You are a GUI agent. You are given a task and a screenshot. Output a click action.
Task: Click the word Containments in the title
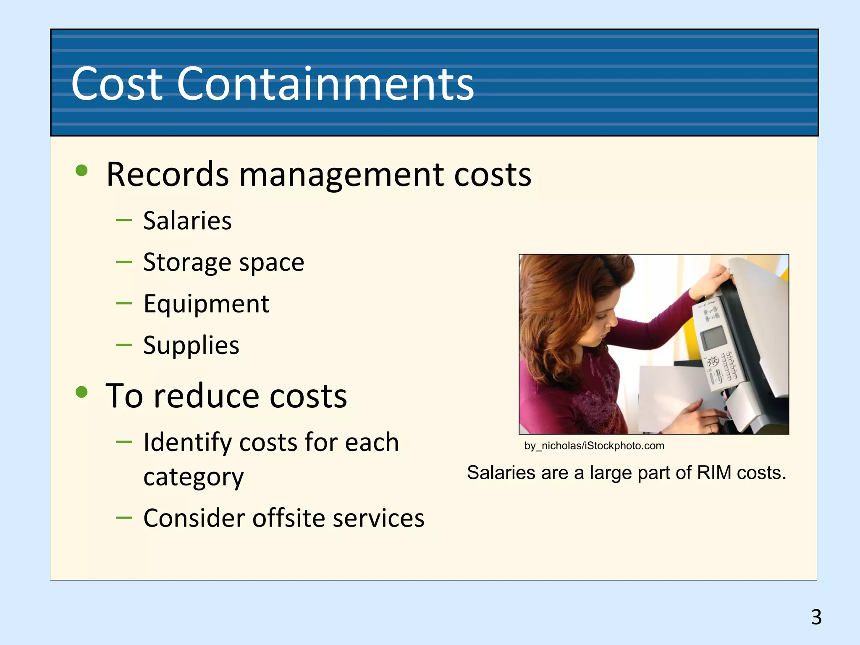[325, 84]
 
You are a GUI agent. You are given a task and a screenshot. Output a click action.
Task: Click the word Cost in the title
[117, 84]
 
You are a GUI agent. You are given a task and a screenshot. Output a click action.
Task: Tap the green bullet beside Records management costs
[81, 171]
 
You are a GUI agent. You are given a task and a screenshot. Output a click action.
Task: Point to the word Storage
[186, 263]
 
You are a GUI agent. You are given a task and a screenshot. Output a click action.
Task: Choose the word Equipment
[206, 304]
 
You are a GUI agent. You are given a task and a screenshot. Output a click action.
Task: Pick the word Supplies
[191, 346]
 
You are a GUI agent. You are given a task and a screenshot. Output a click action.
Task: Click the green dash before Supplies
[124, 345]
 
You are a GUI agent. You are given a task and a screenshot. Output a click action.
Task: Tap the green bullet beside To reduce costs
[81, 392]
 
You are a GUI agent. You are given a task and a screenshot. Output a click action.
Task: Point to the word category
[193, 477]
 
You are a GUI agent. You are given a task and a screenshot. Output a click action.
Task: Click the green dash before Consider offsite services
[124, 517]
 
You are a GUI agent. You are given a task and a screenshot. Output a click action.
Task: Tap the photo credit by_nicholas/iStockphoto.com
[594, 446]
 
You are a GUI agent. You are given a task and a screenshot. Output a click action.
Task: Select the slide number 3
[816, 617]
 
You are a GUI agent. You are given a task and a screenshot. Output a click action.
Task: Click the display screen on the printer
[713, 338]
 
